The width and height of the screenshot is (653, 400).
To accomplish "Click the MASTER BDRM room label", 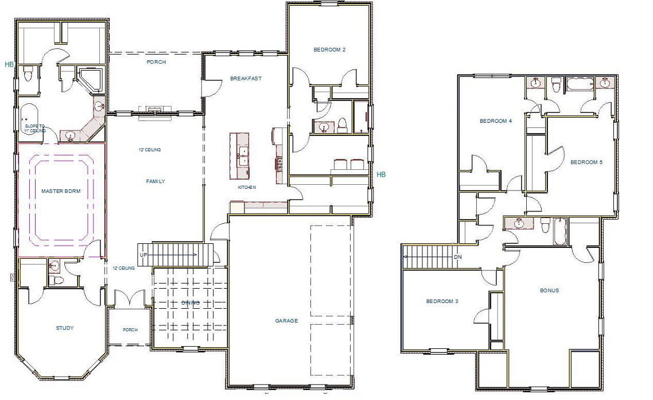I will pos(60,191).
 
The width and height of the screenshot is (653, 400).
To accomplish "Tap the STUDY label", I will pos(64,328).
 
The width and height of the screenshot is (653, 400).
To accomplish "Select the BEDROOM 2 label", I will pos(329,49).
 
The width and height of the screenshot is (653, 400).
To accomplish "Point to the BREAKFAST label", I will pos(246,78).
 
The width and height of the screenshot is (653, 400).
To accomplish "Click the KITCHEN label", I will pos(247,188).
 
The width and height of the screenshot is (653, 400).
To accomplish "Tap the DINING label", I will pos(191,303).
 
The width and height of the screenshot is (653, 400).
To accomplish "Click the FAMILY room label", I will pos(155,181).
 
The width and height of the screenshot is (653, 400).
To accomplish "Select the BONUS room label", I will pos(549,290).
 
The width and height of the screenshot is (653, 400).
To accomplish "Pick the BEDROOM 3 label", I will pos(441,301).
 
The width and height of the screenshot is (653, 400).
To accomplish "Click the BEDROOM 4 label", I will pos(496,121).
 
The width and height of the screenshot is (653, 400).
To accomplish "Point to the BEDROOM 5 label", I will pos(586,162).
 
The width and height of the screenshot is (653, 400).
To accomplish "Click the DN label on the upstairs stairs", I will pos(458,257).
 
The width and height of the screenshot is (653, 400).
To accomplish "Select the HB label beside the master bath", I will pos(9,64).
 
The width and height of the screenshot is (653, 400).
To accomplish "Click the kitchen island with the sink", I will pos(240,156).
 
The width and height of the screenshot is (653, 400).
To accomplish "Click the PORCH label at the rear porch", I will pos(156,62).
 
